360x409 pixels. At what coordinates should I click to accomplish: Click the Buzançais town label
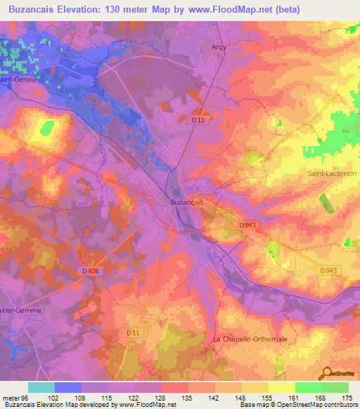[187, 202]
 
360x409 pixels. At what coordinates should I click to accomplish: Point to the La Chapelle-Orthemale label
[250, 339]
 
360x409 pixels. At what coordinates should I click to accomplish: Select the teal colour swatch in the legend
[41, 387]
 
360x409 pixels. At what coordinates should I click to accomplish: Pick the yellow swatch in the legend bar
[281, 387]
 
